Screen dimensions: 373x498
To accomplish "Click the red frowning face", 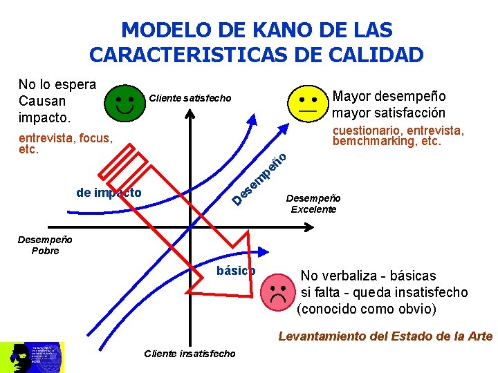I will pyautogui.click(x=279, y=293).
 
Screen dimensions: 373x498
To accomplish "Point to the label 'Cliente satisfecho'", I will pyautogui.click(x=190, y=98).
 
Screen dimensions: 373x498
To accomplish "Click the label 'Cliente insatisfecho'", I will pyautogui.click(x=190, y=354).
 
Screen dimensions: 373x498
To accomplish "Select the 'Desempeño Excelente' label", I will pyautogui.click(x=313, y=203).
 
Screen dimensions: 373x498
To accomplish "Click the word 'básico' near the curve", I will pyautogui.click(x=236, y=271).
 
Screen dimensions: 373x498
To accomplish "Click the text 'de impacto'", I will pyautogui.click(x=109, y=193).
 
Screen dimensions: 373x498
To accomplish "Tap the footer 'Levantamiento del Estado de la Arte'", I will pyautogui.click(x=385, y=336).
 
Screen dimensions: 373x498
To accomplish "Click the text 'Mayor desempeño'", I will pyautogui.click(x=389, y=96).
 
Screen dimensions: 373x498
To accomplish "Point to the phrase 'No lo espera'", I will pyautogui.click(x=57, y=84).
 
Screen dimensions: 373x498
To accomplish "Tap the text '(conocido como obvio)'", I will pyautogui.click(x=367, y=309).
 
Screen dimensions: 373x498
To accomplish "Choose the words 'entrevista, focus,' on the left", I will pyautogui.click(x=66, y=138).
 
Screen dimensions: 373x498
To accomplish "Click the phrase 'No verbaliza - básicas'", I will pyautogui.click(x=368, y=276).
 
